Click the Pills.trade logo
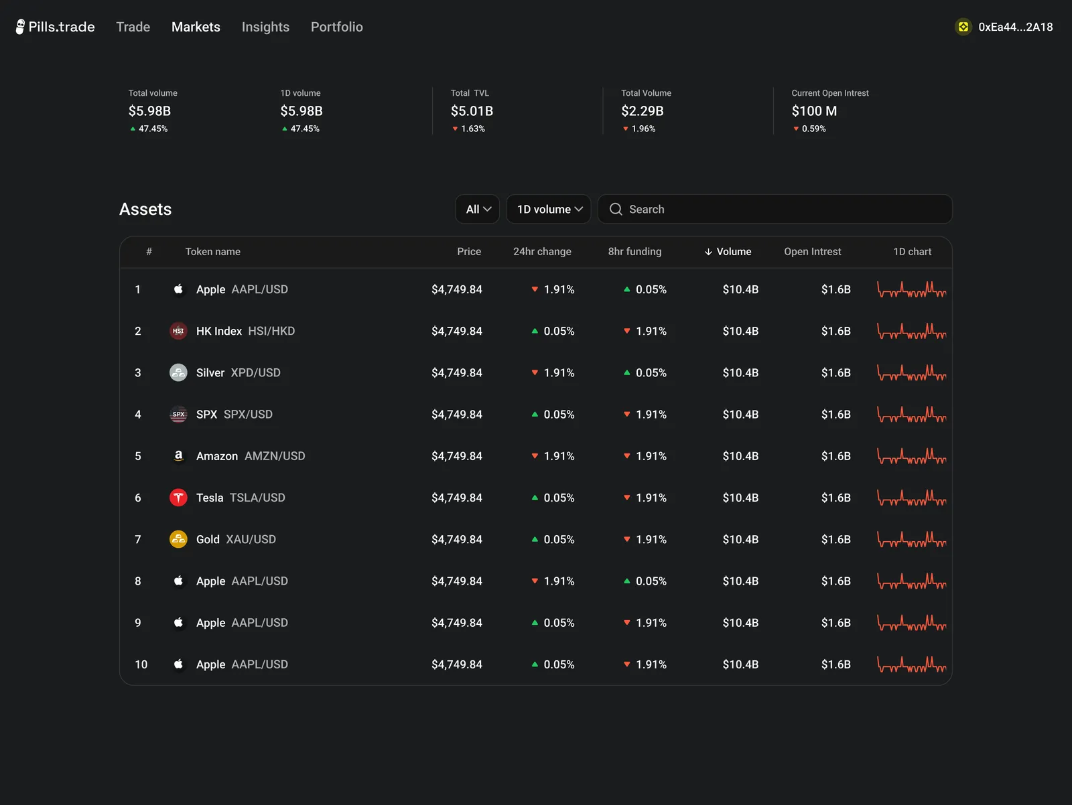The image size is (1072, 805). [55, 27]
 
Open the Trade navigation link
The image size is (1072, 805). [133, 27]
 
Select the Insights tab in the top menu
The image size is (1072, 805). [265, 27]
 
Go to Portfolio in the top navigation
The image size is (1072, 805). [336, 27]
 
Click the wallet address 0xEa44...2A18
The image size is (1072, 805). [1015, 27]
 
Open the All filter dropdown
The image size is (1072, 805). [477, 209]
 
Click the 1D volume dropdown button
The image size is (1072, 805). [549, 209]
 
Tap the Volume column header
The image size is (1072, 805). [728, 251]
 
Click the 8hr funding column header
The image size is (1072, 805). [634, 251]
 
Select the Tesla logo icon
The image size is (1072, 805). [178, 498]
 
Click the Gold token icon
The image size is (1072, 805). [178, 539]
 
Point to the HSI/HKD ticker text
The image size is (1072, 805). [271, 331]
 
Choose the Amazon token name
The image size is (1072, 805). [217, 456]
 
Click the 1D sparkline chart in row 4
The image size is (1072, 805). [911, 415]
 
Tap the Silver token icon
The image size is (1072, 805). [178, 372]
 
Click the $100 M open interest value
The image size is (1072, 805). [814, 111]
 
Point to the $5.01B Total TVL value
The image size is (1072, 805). [472, 111]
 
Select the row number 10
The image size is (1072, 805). [141, 664]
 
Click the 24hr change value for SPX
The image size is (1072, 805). [553, 415]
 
